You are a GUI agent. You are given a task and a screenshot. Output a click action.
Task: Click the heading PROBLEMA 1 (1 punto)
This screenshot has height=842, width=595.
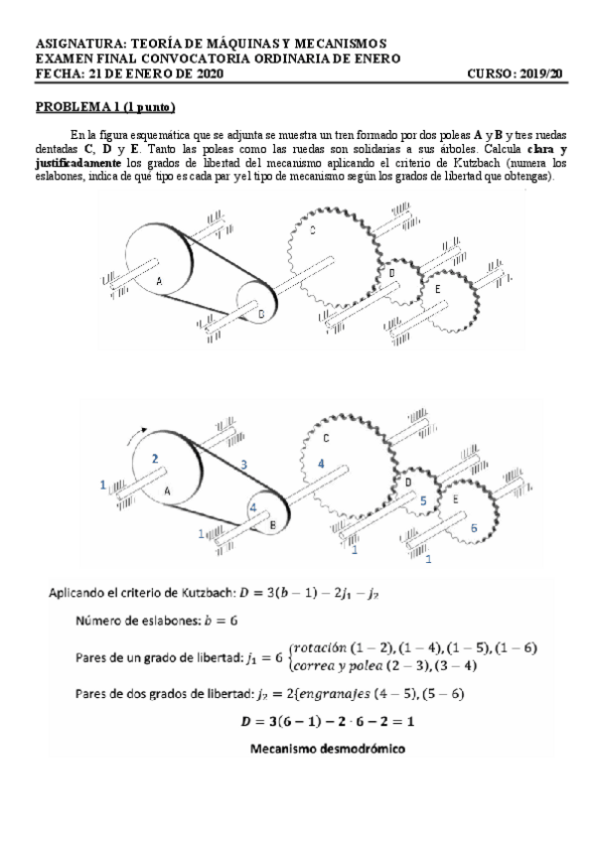[105, 106]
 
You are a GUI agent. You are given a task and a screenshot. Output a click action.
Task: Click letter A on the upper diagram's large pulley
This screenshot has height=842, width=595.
[159, 282]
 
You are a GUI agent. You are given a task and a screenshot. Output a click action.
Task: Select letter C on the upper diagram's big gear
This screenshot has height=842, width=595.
[313, 232]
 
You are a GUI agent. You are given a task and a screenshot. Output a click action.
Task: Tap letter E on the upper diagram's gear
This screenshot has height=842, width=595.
[438, 288]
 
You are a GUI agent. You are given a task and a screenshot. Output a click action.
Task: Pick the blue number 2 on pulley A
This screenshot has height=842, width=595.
[155, 458]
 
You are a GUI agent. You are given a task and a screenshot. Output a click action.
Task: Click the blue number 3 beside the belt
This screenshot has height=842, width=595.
[244, 464]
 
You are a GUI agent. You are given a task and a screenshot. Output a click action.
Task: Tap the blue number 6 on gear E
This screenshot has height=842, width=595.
[473, 527]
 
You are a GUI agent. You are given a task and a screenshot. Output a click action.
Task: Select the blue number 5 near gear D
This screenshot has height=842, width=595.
[423, 502]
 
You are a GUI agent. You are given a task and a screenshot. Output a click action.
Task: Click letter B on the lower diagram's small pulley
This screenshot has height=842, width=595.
[273, 523]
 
